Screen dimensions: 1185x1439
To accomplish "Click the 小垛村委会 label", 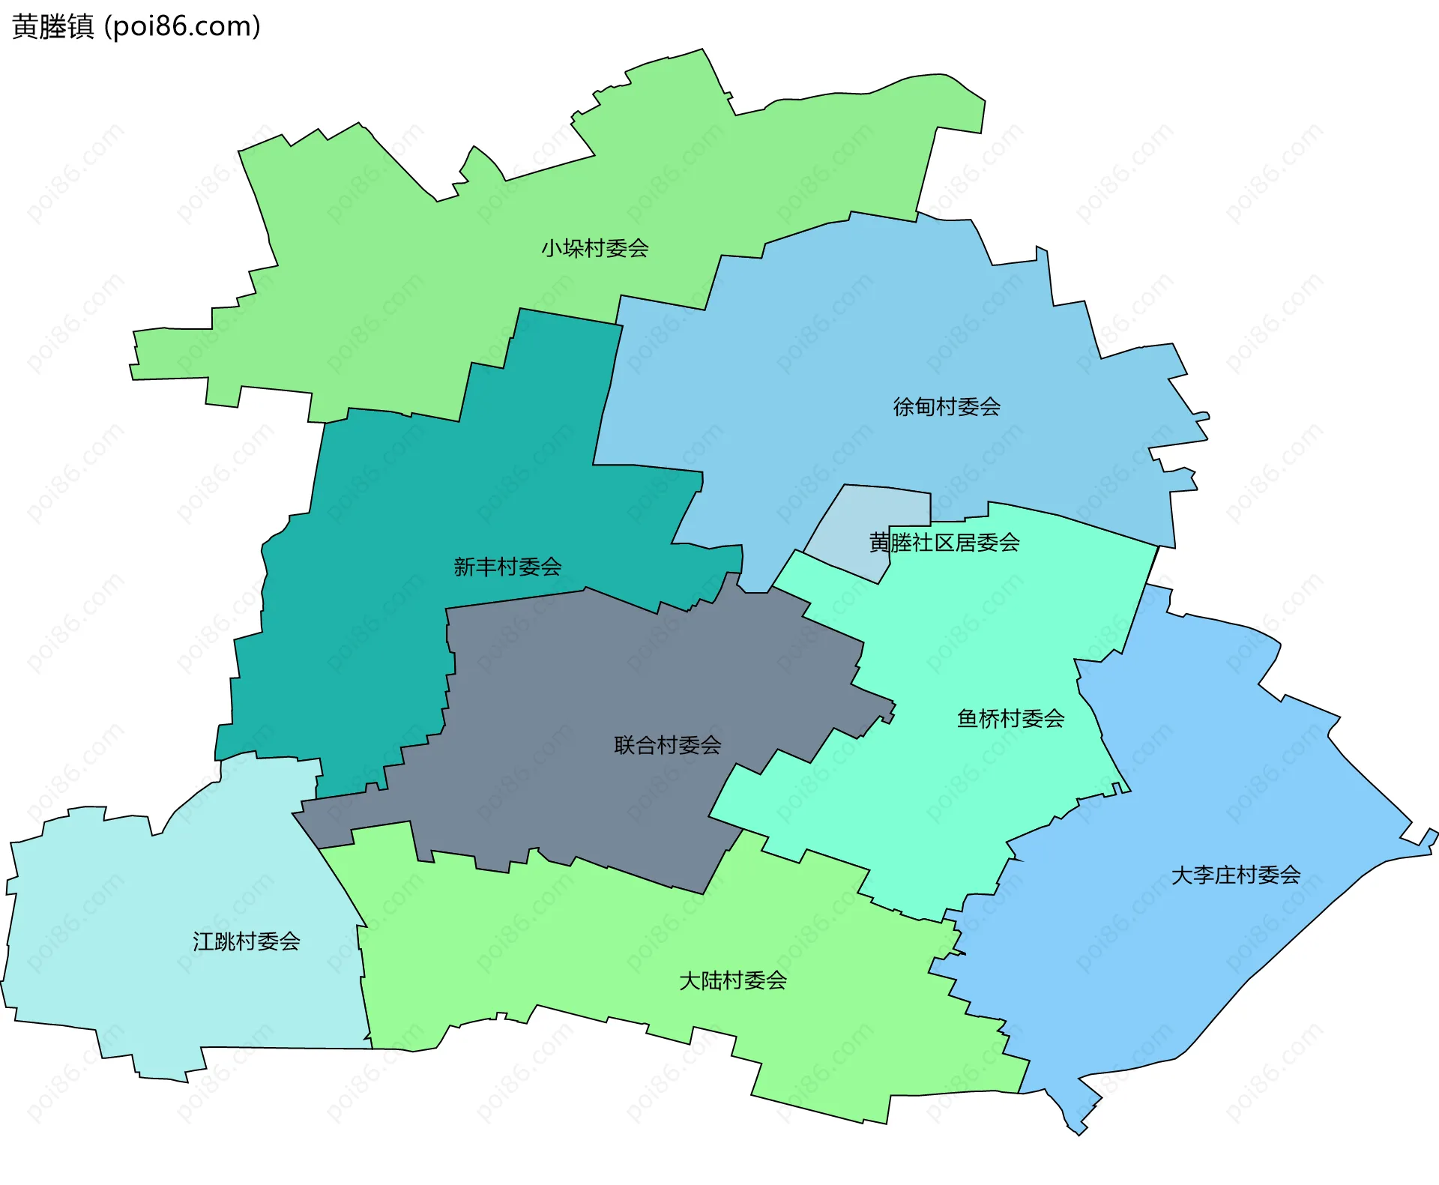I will coord(595,248).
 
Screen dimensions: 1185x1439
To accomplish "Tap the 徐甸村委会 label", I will coord(947,407).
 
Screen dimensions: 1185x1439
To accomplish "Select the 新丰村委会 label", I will coord(507,567).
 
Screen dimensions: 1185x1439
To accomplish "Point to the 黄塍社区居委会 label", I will coord(944,543).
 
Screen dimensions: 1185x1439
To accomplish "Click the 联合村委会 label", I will coord(667,745).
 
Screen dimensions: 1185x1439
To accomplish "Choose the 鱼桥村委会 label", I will coord(1010,719).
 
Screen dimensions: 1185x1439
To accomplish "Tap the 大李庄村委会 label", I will coord(1235,875).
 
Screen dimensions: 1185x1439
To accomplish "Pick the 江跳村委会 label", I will coord(246,941).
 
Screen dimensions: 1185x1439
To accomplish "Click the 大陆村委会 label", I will coord(732,980).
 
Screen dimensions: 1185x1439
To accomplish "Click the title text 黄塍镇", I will coord(53,27).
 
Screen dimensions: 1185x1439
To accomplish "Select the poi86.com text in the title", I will coord(182,27).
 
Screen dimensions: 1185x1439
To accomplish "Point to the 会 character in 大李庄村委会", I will coord(1290,875).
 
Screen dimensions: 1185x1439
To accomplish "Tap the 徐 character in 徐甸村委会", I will coord(903,407).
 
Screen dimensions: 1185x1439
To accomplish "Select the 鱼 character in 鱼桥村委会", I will coord(968,719).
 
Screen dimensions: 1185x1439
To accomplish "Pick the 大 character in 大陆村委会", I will coord(690,980).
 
